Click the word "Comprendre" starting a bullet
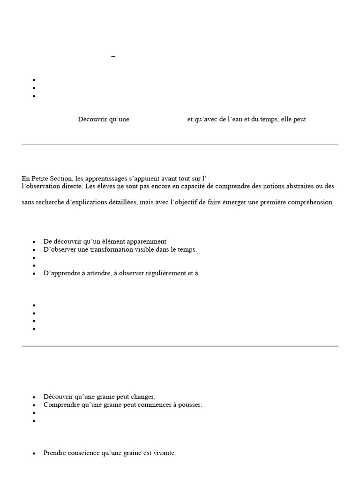pos(61,405)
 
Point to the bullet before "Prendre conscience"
pos(34,454)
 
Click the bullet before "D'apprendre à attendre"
pos(34,274)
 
